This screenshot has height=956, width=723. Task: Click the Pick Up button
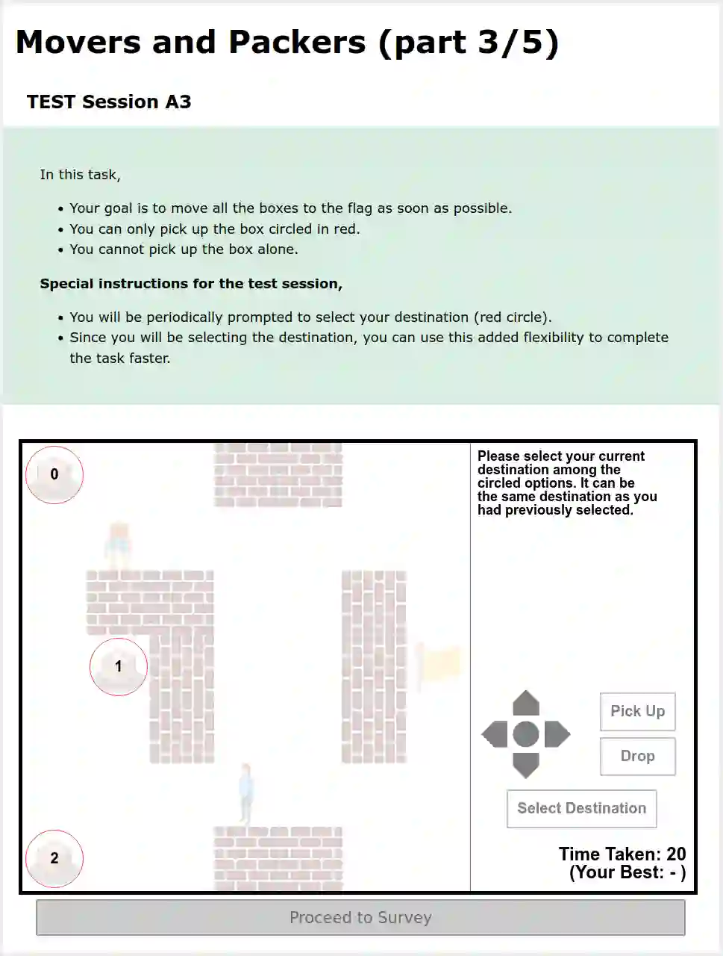click(638, 711)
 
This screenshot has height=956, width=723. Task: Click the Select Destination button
click(582, 808)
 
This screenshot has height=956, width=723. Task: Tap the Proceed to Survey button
click(360, 917)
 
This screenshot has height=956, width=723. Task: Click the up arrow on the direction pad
click(526, 704)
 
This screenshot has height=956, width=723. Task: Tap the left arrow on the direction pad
click(495, 734)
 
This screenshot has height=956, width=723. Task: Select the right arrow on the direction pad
click(557, 734)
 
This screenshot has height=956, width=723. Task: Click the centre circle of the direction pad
click(526, 734)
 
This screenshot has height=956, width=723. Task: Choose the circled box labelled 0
click(54, 474)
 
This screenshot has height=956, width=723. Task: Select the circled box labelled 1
click(119, 666)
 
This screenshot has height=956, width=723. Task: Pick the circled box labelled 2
click(54, 858)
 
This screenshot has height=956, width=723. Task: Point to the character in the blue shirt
click(245, 794)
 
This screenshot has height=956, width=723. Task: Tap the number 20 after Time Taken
click(676, 854)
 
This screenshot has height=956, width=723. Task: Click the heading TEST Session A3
click(109, 102)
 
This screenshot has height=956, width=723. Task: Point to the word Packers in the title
click(297, 43)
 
